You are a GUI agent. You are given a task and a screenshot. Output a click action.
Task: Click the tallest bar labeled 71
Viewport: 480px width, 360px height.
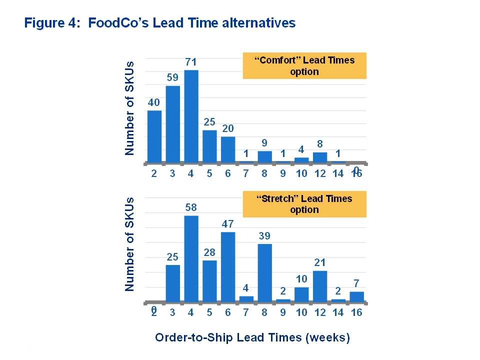coord(191,116)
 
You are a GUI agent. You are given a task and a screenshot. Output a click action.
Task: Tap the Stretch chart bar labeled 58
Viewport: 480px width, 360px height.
coord(191,258)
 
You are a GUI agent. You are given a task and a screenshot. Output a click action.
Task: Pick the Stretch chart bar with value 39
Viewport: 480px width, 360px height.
coord(264,272)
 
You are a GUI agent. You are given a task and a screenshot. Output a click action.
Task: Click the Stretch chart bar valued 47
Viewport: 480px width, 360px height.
coord(228,266)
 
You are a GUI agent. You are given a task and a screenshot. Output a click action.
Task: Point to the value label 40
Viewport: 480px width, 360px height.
coord(154,102)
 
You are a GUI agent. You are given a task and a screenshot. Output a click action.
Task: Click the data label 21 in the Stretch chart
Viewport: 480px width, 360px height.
coord(320,262)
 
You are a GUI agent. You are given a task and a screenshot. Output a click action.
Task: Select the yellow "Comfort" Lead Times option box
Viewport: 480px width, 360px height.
coord(304,65)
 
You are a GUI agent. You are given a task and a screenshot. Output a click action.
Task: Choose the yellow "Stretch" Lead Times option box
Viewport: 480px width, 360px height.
coord(304,204)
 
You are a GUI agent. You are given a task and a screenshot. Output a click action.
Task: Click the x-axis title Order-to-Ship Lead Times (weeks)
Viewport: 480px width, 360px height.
coord(252,337)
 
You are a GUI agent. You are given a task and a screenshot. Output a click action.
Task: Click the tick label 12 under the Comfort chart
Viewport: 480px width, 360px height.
coord(320,174)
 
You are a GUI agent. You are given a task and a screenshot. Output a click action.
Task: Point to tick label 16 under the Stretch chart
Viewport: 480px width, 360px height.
coord(356,312)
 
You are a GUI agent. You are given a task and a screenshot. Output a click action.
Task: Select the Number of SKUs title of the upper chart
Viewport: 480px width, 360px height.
coord(130,107)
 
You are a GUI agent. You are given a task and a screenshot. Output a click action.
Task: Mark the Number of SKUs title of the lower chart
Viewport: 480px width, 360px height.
coord(130,247)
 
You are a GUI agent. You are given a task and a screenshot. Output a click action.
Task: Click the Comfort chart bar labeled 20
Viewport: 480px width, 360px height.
coord(228,149)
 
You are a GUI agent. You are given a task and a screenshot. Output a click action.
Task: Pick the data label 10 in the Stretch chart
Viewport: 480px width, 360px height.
coord(301,279)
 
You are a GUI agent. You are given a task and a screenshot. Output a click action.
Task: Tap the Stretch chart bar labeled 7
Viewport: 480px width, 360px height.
coord(356,297)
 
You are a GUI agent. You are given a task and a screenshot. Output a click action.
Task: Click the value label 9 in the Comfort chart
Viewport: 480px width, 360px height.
coord(264,142)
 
